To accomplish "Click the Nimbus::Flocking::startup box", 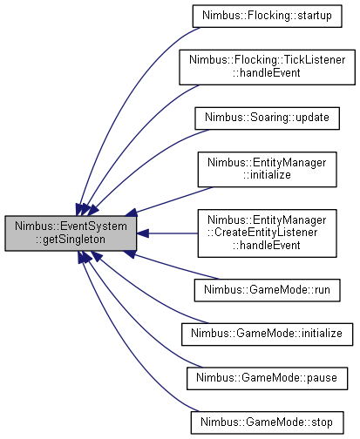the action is (267, 16).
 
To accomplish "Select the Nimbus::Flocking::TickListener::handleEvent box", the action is (267, 67).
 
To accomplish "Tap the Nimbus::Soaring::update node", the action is (267, 118).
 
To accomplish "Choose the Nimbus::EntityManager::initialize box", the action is (267, 169).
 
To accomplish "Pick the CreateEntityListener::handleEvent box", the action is (267, 233).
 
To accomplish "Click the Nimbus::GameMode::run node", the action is (267, 290).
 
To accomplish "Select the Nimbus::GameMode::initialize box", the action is (267, 334).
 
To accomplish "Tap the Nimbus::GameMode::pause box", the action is (267, 378).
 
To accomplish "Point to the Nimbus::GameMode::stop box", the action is (267, 422).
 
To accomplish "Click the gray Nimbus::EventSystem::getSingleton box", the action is (71, 233).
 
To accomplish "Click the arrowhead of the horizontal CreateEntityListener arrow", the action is (142, 233).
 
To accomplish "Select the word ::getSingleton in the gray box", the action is (71, 240).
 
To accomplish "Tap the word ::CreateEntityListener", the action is (262, 233).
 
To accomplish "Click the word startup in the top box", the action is (315, 16).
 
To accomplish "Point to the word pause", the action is (322, 378).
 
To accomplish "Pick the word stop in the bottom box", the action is (322, 422).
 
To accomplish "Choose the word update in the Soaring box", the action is (313, 118).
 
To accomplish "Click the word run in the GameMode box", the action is (323, 290).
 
